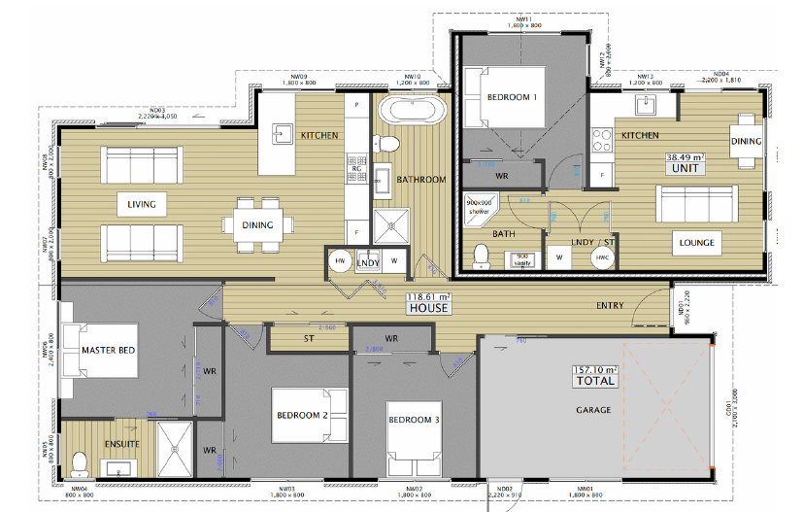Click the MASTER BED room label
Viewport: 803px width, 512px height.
click(108, 350)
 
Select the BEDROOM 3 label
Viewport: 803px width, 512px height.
click(414, 420)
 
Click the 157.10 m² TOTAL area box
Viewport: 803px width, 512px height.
click(594, 374)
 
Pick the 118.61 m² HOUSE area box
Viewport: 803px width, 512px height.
click(427, 302)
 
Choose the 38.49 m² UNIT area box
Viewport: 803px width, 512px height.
click(685, 161)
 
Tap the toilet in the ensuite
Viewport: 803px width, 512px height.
click(82, 462)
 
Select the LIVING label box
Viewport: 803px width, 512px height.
click(141, 205)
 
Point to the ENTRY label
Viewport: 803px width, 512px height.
click(610, 306)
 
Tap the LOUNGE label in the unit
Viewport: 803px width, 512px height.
click(696, 243)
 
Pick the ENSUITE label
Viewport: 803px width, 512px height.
click(120, 444)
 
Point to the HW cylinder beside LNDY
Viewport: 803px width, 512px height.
click(340, 262)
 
